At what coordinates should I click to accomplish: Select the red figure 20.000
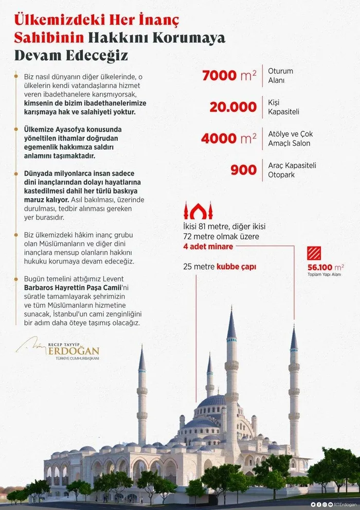point(232,107)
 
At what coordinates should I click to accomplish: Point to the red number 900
point(243,170)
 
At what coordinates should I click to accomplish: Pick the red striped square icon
point(314,253)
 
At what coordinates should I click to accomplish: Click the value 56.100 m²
point(325,267)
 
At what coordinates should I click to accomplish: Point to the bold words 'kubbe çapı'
point(236,267)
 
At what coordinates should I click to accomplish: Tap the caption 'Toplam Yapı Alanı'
point(326,275)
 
